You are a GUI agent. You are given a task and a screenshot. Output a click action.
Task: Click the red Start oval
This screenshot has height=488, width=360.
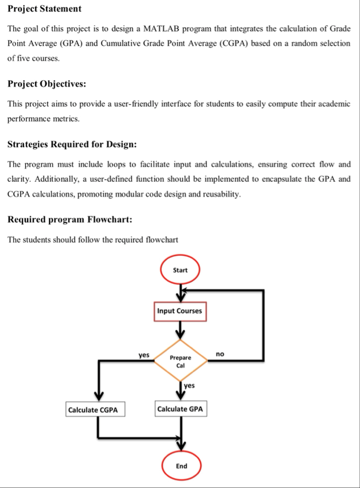click(180, 270)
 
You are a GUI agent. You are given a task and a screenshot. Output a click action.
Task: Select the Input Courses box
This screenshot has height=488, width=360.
click(179, 311)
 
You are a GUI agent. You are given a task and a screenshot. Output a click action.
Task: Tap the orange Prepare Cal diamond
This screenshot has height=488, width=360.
click(180, 361)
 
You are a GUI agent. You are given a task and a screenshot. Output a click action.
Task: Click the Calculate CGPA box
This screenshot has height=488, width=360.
click(96, 410)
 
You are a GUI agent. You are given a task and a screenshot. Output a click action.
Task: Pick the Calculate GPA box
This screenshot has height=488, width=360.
click(181, 409)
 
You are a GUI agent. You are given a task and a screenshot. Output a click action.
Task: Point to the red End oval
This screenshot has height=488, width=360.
click(181, 466)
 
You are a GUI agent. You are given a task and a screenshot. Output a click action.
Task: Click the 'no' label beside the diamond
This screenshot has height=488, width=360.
click(220, 353)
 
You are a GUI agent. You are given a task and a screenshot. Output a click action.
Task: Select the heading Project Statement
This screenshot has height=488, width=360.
click(45, 9)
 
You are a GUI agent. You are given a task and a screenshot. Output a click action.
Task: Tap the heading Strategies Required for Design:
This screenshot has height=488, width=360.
click(72, 144)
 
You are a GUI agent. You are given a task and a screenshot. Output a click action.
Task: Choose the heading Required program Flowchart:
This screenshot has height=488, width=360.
click(71, 220)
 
